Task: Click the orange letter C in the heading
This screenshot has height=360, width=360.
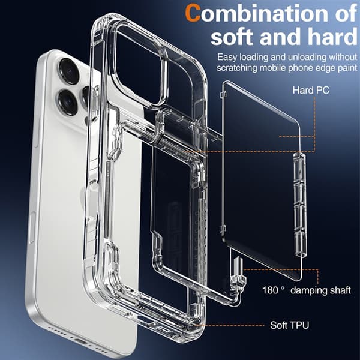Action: [193, 13]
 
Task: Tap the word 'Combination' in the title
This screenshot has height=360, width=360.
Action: [257, 13]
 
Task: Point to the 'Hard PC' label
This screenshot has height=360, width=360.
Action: [311, 90]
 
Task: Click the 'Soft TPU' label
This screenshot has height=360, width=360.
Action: [290, 325]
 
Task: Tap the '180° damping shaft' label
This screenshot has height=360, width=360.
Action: [307, 290]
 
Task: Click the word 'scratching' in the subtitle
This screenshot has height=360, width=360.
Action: [237, 68]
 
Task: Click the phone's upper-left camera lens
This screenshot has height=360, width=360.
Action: [69, 71]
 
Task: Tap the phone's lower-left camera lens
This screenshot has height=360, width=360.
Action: [67, 102]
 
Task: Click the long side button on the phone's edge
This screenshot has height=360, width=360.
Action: [32, 228]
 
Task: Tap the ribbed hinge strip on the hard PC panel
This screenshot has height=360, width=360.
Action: [300, 205]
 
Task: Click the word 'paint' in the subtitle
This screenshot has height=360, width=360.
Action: [347, 68]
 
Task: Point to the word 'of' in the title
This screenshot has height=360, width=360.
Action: [346, 14]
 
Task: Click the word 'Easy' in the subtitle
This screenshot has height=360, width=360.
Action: [227, 57]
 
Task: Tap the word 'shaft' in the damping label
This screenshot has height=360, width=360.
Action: [340, 290]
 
